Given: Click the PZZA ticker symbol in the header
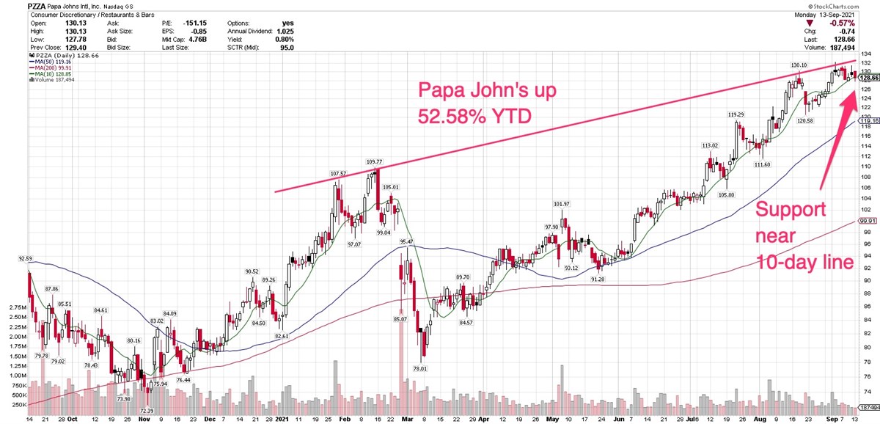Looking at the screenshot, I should coord(40,5).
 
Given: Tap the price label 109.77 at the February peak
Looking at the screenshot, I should coord(375,161).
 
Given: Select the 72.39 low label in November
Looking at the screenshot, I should coord(147,411).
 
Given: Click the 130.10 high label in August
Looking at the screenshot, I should coord(799,65).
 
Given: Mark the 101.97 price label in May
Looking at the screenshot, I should coord(561,203).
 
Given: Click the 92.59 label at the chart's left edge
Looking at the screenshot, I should coord(37,258).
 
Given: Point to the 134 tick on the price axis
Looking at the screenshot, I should coord(866,54).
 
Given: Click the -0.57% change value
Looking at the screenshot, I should coord(863,22).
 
